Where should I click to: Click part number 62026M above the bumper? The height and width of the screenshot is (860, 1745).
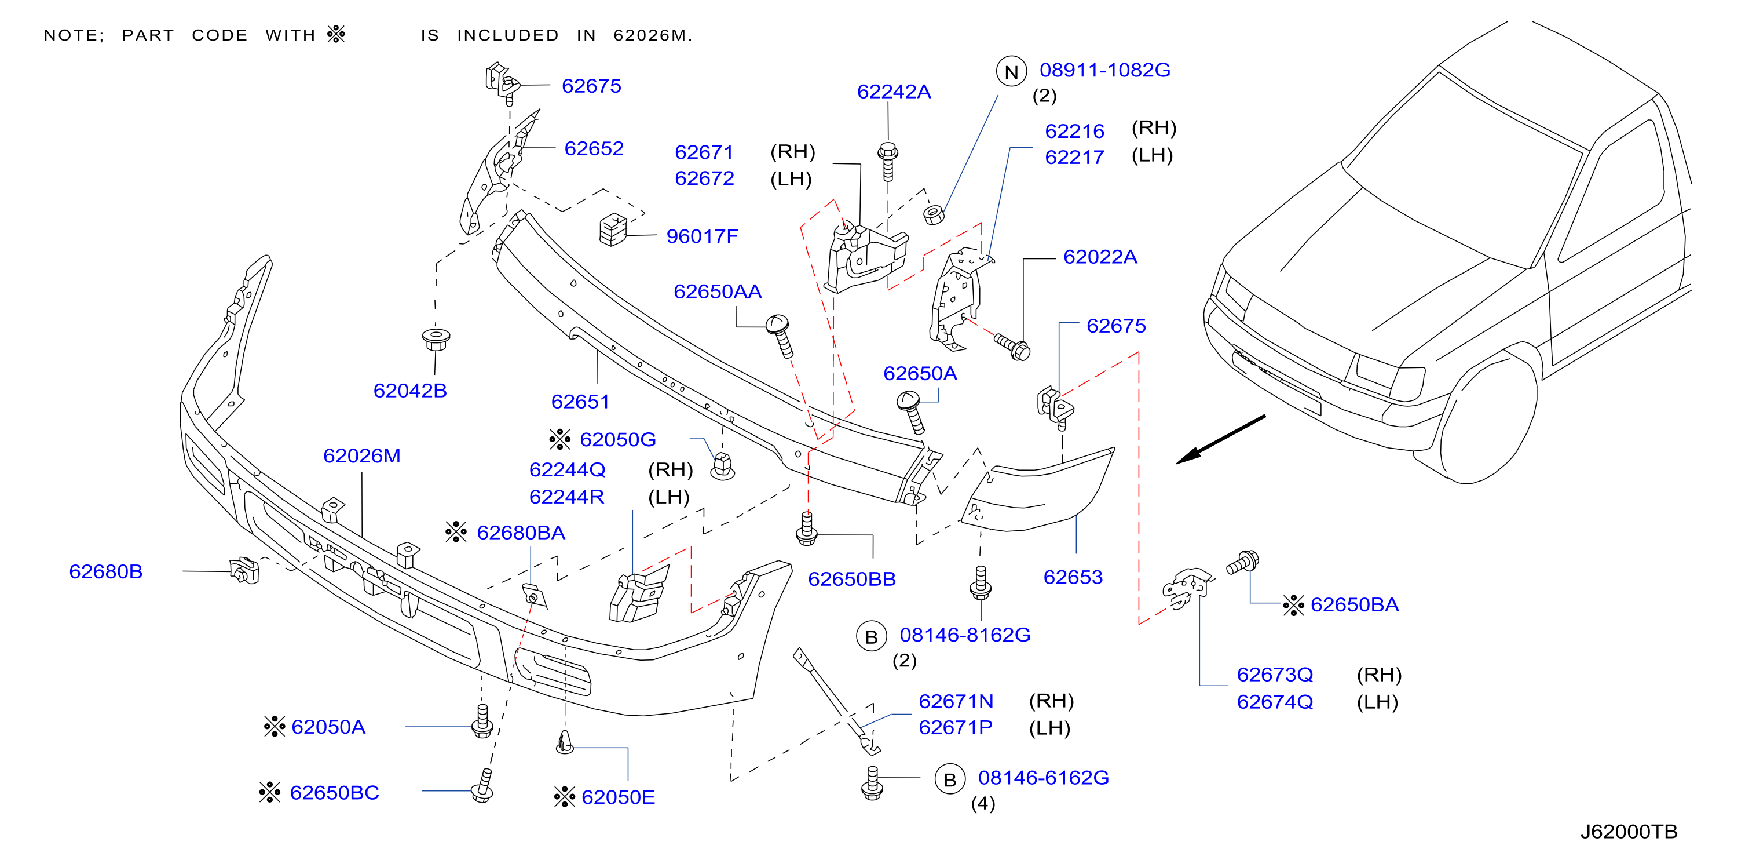[362, 455]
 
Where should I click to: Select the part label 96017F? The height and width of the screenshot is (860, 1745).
[702, 236]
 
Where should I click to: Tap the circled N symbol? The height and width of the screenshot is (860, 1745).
[1011, 72]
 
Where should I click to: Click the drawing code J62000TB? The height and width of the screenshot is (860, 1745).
[1629, 832]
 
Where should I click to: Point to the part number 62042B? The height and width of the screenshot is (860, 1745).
[410, 391]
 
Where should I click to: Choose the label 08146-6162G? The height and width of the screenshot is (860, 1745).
[1043, 777]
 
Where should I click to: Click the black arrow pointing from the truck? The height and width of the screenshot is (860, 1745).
[1221, 439]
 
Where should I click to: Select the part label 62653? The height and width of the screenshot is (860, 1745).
[1073, 577]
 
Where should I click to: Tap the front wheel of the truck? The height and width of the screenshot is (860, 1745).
[1487, 420]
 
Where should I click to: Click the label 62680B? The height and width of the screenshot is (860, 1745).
[105, 571]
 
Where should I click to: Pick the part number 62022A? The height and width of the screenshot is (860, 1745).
[1100, 256]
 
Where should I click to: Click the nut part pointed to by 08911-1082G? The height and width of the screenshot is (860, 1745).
[934, 214]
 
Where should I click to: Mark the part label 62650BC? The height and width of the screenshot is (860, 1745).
[334, 792]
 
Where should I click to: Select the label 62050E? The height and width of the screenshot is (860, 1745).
[618, 797]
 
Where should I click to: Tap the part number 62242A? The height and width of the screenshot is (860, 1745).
[894, 92]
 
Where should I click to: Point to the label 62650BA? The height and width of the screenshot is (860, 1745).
[1354, 604]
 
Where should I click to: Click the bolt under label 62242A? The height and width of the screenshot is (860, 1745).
[888, 161]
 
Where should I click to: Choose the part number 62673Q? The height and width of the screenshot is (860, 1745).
[1275, 675]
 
